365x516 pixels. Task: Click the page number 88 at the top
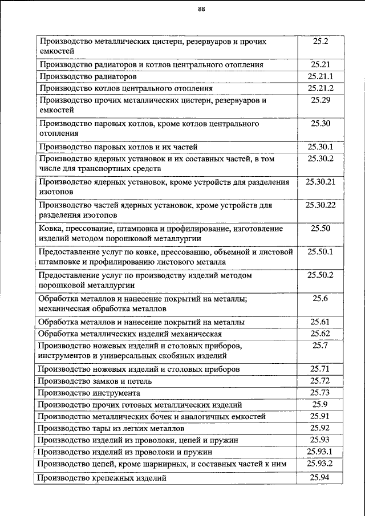201,9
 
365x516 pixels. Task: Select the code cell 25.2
321,42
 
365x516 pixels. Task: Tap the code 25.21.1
321,76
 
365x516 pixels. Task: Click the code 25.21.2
321,88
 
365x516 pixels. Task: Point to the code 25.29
321,100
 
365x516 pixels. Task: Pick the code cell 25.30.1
321,147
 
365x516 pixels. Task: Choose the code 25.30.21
321,182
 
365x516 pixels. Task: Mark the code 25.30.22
321,205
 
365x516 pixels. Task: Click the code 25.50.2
321,275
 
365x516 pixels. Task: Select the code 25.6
321,298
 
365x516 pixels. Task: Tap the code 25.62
321,334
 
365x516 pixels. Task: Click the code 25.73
321,392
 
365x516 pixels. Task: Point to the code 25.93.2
321,462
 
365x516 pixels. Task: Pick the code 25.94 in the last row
321,478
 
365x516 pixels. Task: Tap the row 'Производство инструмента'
88,393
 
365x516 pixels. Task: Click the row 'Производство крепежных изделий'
102,478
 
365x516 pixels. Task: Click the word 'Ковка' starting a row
50,229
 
